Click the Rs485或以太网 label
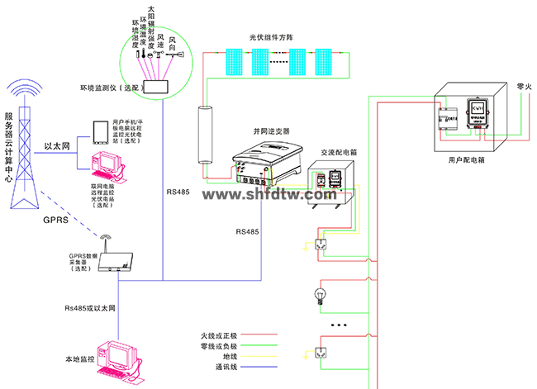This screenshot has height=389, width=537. pos(91,308)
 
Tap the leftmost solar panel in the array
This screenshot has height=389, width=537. pos(228,60)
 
